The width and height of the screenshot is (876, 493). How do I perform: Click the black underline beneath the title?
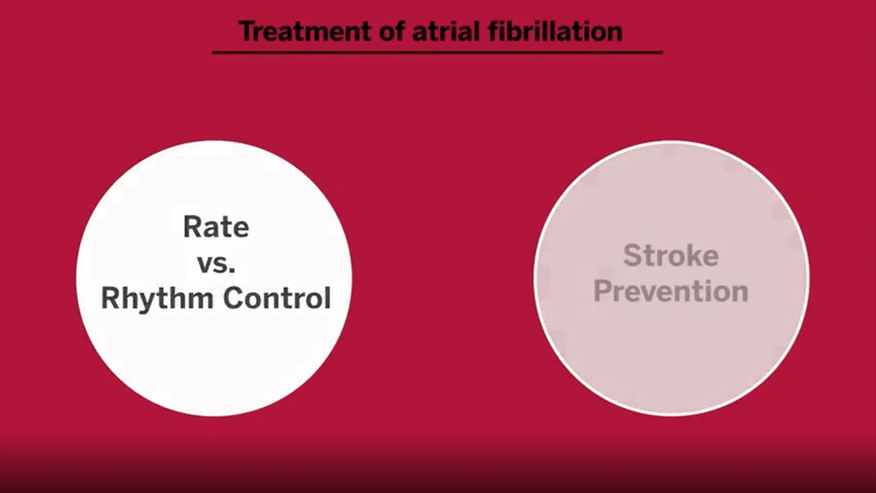(x=437, y=52)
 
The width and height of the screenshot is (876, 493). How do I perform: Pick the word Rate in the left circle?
(x=216, y=227)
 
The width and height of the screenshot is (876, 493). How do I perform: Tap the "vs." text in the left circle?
(x=216, y=264)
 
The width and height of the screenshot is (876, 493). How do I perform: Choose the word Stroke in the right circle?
(x=671, y=256)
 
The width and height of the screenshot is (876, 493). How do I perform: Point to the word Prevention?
(x=671, y=291)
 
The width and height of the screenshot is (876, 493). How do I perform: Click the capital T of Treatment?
(x=246, y=31)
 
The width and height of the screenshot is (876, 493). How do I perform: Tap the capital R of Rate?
(x=192, y=227)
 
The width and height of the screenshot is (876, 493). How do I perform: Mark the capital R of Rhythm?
(x=110, y=299)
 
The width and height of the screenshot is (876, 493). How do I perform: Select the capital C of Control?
(x=235, y=299)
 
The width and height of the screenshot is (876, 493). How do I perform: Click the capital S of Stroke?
(x=632, y=256)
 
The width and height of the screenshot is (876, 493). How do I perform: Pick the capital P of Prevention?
(x=602, y=291)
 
